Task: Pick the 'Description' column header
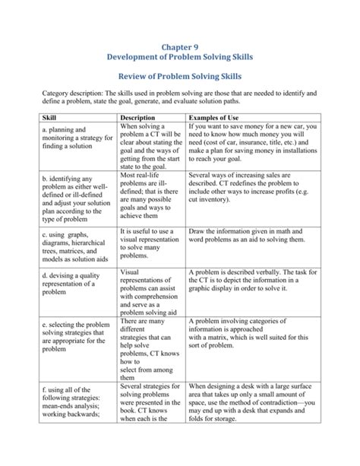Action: (138, 119)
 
